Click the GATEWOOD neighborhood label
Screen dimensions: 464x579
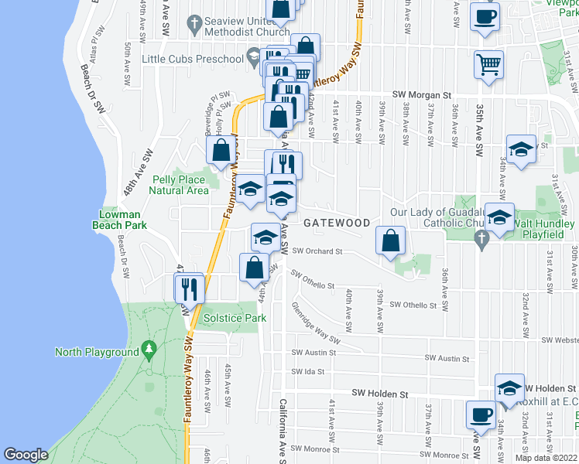pos(336,223)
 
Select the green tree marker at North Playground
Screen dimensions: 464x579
pos(149,352)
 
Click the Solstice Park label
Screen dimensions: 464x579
pos(235,318)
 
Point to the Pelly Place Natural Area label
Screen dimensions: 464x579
pos(178,185)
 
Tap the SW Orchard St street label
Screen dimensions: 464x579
pos(317,251)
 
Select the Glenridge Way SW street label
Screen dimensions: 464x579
pos(316,323)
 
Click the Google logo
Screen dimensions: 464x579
pos(26,455)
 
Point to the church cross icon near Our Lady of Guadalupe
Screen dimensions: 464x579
pos(481,241)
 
